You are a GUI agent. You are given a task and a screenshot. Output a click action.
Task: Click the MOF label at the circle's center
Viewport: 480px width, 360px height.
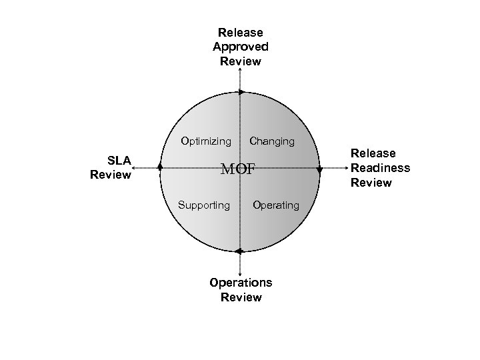click(x=238, y=169)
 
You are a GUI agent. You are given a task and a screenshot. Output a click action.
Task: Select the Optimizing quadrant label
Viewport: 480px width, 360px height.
click(x=206, y=141)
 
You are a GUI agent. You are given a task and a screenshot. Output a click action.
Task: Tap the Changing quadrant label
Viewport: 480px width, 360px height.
click(x=271, y=141)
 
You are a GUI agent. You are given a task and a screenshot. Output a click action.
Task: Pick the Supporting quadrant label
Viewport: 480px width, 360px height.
click(x=203, y=205)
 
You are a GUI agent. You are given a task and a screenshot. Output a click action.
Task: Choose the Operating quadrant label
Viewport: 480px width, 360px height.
click(x=276, y=205)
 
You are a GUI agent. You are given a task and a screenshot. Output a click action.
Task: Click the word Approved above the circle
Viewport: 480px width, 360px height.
click(x=241, y=47)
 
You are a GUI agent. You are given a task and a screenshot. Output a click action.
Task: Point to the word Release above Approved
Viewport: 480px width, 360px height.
click(x=241, y=32)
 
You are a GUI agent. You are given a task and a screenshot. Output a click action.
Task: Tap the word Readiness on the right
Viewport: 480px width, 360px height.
click(x=381, y=168)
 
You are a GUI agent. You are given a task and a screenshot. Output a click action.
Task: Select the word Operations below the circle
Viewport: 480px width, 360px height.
click(x=241, y=282)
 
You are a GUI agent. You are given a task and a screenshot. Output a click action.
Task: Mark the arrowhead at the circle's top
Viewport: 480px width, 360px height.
click(x=241, y=92)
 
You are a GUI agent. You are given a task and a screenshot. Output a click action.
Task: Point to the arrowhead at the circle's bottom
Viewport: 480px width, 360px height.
click(x=239, y=251)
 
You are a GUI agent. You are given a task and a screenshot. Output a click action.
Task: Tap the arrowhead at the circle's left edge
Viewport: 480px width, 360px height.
click(x=160, y=167)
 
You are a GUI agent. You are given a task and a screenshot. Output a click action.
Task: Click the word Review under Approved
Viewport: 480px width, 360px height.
click(x=241, y=61)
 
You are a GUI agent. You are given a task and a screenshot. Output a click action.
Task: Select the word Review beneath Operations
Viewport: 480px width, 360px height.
click(x=241, y=297)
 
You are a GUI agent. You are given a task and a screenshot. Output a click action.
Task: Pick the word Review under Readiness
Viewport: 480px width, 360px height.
click(x=371, y=183)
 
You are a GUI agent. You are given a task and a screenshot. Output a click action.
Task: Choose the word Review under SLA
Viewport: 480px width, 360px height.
click(x=111, y=175)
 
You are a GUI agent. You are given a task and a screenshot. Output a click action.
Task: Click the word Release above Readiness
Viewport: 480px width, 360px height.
click(x=373, y=153)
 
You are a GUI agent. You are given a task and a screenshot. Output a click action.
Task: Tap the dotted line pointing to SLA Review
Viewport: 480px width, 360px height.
click(x=145, y=169)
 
